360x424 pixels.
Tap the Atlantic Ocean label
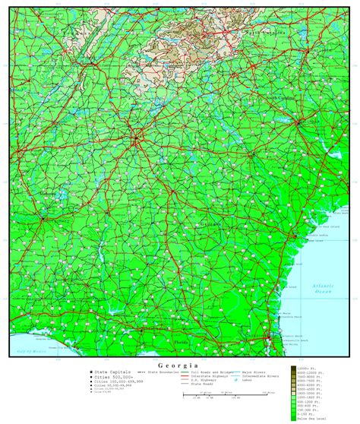[325, 288]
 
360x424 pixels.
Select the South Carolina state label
[278, 97]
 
